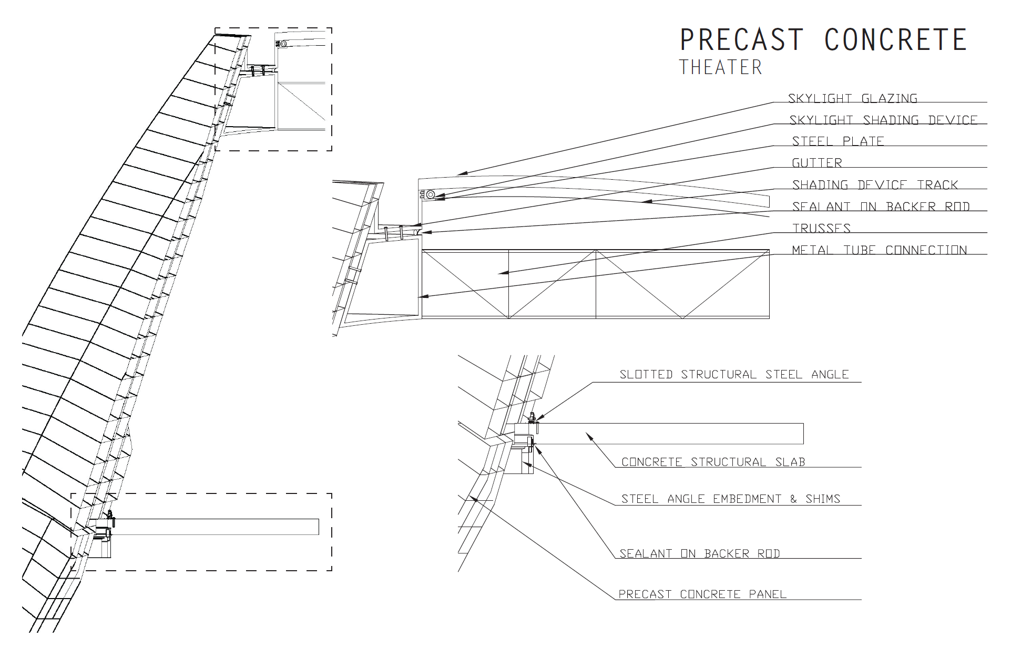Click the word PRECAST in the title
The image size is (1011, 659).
tap(741, 39)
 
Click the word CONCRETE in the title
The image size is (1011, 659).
tap(896, 39)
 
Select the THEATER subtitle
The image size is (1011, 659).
tap(720, 67)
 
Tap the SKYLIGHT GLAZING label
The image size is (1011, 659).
tap(852, 98)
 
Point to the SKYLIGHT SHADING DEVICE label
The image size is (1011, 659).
tap(883, 120)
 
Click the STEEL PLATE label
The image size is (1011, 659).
tap(838, 141)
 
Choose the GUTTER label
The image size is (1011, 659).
tap(816, 163)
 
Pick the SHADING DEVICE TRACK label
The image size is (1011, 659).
tap(875, 185)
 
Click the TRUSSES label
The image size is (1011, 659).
tap(821, 228)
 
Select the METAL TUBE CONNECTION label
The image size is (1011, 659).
tap(879, 250)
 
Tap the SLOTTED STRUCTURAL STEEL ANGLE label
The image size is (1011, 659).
tap(734, 375)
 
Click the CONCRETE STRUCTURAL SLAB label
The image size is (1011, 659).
tap(713, 462)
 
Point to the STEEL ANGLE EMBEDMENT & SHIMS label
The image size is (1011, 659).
tap(730, 499)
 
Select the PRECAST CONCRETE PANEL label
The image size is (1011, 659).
tap(702, 594)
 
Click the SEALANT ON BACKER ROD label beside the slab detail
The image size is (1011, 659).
tap(699, 553)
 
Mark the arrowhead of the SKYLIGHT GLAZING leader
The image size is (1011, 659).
tap(458, 173)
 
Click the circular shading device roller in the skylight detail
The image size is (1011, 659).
tap(430, 195)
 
